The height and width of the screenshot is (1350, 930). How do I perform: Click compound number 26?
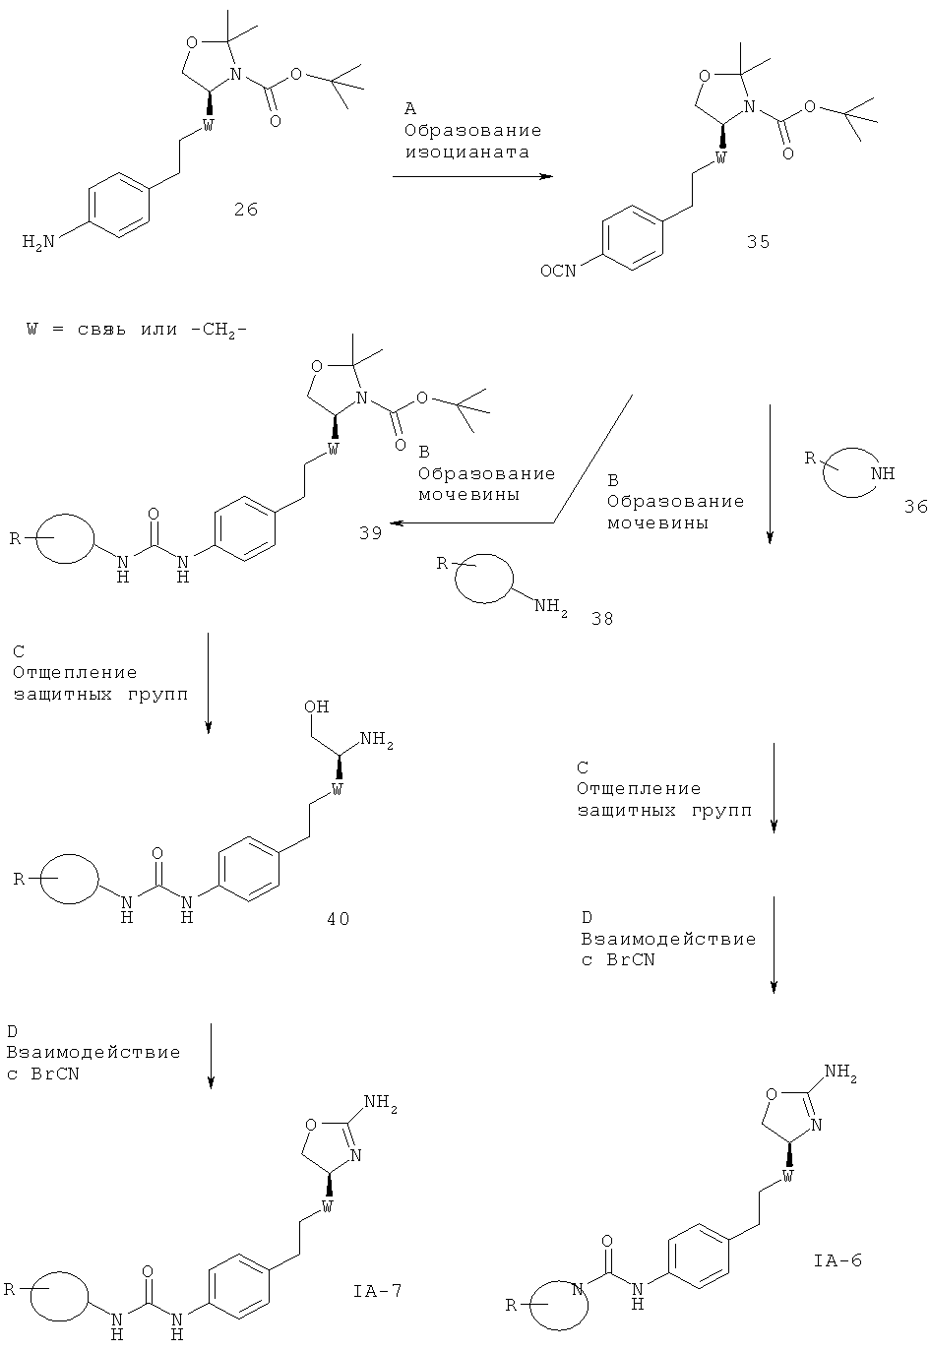[245, 210]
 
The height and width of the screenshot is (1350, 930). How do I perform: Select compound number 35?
[758, 242]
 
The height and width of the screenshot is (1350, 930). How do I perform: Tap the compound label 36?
[915, 507]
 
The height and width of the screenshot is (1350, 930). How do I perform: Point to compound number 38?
[601, 619]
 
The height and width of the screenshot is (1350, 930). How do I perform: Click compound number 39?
[370, 533]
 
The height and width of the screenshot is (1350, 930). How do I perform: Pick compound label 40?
[338, 918]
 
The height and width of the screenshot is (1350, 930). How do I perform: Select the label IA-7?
[377, 1290]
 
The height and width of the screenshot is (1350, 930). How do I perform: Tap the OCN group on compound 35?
[558, 272]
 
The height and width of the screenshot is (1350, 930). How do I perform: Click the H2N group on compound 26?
[38, 242]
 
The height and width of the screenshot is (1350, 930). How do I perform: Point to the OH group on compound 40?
[317, 706]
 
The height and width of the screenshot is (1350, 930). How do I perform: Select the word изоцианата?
[467, 153]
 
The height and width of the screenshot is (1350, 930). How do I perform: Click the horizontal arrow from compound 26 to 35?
[472, 176]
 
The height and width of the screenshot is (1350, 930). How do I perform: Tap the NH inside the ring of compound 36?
[883, 473]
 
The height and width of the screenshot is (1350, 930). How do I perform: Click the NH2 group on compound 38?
[551, 606]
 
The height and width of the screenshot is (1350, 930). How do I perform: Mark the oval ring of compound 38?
[483, 580]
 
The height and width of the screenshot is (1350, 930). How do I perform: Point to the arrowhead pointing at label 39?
[395, 523]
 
